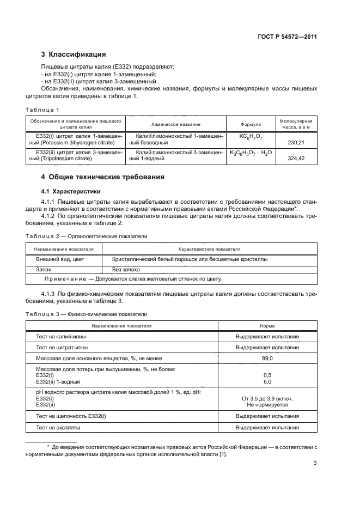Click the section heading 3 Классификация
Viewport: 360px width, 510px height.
[74, 54]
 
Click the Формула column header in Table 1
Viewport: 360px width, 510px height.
[251, 124]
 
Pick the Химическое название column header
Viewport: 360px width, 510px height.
[175, 124]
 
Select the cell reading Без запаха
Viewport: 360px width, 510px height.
[126, 270]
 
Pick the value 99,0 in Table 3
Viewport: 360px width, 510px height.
[267, 358]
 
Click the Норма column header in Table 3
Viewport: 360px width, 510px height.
[267, 325]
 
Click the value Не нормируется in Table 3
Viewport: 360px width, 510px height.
[267, 405]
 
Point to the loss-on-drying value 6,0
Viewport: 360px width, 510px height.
[267, 382]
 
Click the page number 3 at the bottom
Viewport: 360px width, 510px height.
[315, 464]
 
